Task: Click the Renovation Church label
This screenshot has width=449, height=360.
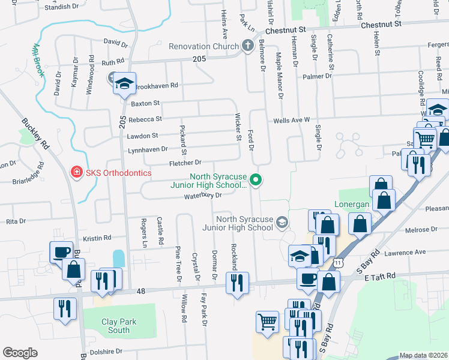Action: tap(203, 46)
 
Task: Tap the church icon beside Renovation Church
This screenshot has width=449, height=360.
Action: tap(247, 46)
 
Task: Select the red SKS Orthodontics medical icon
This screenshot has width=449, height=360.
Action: tap(77, 173)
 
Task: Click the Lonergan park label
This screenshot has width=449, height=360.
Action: tap(355, 204)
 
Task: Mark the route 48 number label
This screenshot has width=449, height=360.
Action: tap(141, 291)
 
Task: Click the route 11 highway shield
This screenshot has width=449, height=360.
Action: tap(340, 263)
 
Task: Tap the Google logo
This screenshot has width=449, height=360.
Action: tap(20, 353)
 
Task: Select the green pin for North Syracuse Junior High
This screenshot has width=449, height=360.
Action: tap(256, 179)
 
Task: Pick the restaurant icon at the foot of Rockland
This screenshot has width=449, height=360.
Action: tap(237, 282)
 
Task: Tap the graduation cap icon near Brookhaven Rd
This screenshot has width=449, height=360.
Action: tap(125, 83)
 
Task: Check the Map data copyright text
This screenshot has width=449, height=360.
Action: tap(423, 355)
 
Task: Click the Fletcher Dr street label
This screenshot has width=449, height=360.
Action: tap(184, 163)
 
